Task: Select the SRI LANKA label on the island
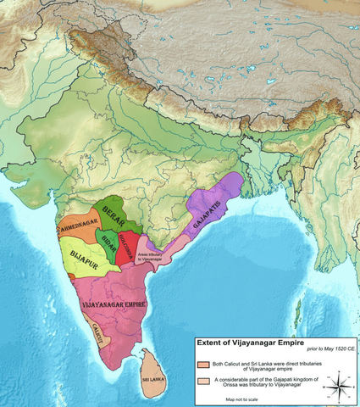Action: tap(153, 382)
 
